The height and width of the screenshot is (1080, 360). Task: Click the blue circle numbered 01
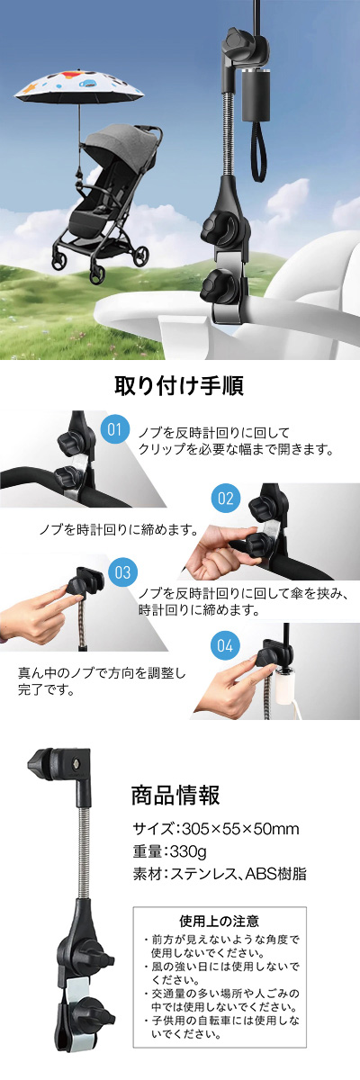click(x=114, y=429)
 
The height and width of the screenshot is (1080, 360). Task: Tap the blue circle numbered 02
click(x=226, y=498)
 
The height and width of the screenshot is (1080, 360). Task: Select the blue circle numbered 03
click(x=123, y=572)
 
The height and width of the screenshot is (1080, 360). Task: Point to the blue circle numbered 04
click(x=225, y=645)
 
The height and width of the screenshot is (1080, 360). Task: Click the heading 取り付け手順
click(x=179, y=385)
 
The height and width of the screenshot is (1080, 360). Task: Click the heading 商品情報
click(x=175, y=795)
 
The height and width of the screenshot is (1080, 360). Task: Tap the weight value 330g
click(x=188, y=851)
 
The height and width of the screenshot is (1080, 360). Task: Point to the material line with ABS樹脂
click(x=220, y=874)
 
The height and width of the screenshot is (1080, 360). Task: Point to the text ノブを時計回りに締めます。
click(x=119, y=530)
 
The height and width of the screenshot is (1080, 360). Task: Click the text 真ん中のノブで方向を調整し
click(x=102, y=672)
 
